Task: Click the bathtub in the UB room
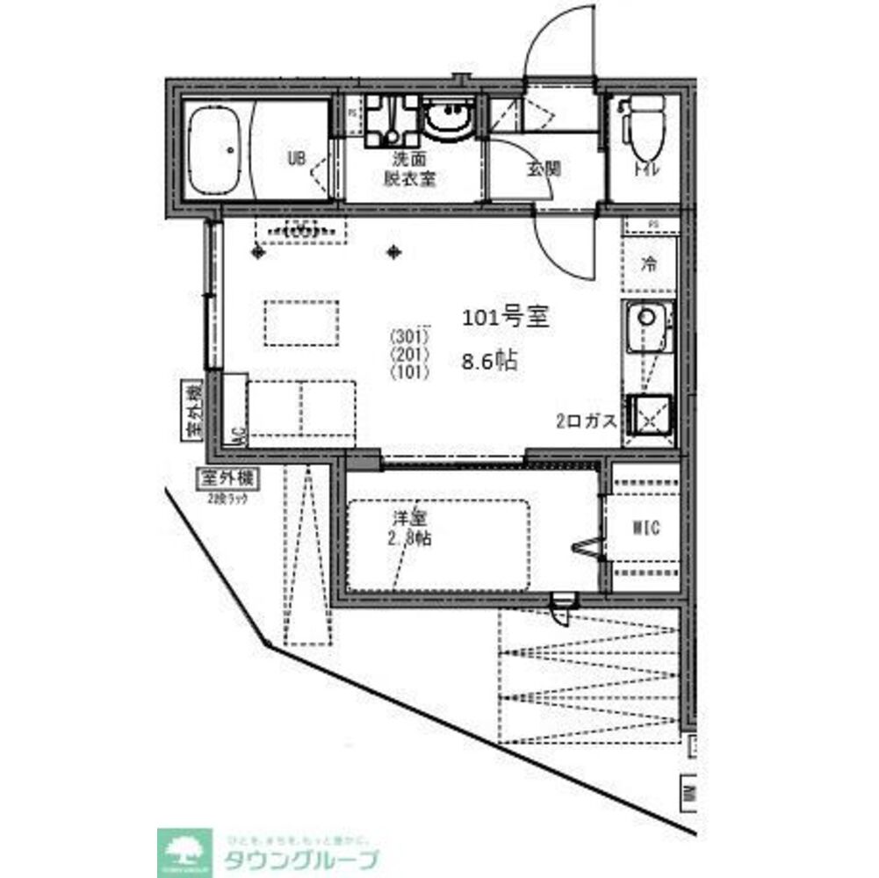coord(216,150)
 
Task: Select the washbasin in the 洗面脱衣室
coord(449,119)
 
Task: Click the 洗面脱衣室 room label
coord(409,170)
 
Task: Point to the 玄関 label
coord(544,169)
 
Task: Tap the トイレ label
coord(650,169)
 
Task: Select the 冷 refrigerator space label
coord(649,263)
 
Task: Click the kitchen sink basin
coord(647,318)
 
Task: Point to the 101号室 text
coord(506,318)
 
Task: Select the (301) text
coord(409,336)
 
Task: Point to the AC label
coord(237,434)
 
